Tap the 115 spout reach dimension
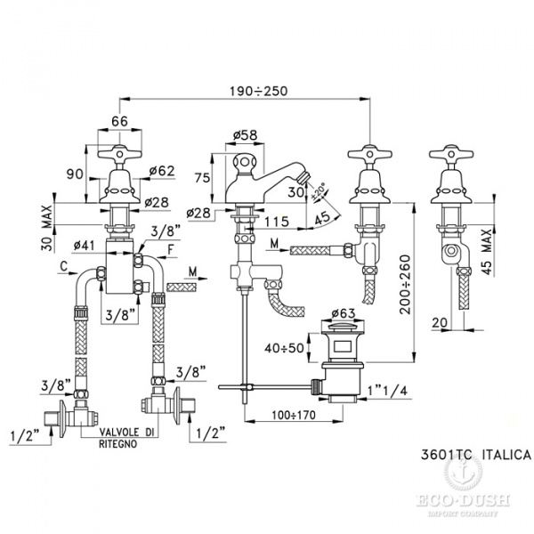[x=276, y=219]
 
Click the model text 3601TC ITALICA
[x=474, y=454]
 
